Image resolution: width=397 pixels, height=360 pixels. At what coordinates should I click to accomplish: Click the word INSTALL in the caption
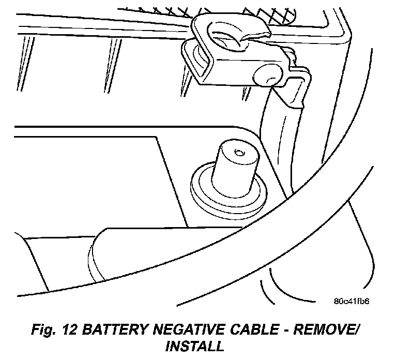tap(194, 345)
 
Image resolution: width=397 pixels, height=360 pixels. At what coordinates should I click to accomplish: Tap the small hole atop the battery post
tap(238, 153)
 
